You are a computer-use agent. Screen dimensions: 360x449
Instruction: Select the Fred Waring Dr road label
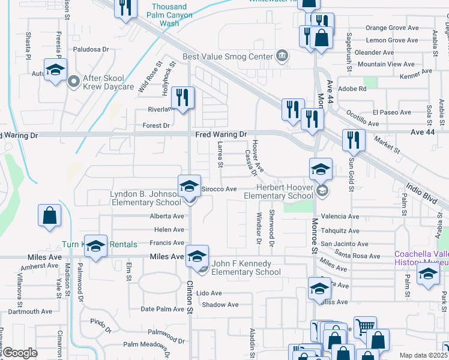(x=221, y=135)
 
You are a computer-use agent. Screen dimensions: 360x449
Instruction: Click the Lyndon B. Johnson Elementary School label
(x=146, y=198)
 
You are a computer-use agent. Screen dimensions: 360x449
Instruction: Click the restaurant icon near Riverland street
(x=182, y=97)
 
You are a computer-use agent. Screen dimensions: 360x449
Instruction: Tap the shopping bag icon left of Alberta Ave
(x=49, y=215)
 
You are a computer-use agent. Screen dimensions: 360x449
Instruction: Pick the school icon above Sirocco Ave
(x=188, y=185)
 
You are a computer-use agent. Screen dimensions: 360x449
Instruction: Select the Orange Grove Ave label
(x=392, y=28)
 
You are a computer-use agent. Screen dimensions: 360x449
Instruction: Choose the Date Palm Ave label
(x=162, y=309)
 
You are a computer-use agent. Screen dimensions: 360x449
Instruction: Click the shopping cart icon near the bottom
(x=364, y=327)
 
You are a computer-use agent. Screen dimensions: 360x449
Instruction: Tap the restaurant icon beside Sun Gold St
(x=353, y=140)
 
